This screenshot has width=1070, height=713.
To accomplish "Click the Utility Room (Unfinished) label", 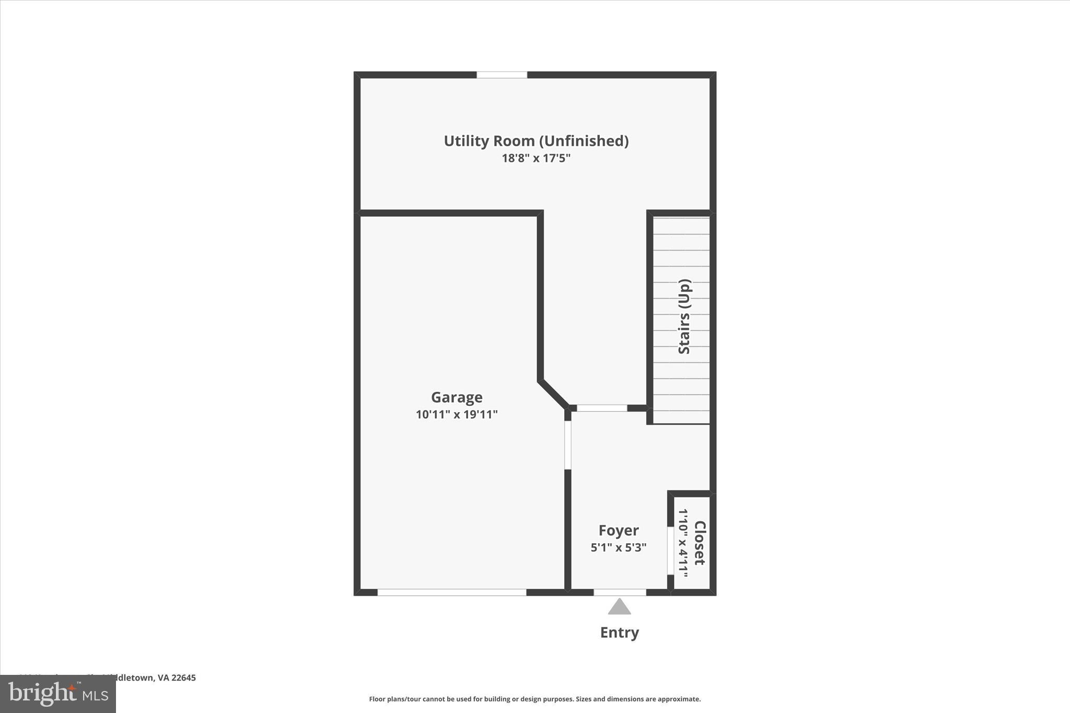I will tap(536, 141).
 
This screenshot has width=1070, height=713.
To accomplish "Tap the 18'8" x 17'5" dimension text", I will tap(536, 158).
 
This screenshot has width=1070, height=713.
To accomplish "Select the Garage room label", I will tap(457, 398).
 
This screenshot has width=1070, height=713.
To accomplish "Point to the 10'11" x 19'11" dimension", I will tap(457, 415).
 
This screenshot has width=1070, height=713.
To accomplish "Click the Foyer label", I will tap(619, 531).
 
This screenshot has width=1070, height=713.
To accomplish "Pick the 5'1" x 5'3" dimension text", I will tap(619, 548).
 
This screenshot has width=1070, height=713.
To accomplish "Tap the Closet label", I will tap(700, 543).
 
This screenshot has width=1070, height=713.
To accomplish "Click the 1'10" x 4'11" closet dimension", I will tap(683, 543).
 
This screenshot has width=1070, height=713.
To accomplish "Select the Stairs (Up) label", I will tap(684, 317).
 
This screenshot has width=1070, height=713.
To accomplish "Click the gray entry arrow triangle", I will tap(619, 607).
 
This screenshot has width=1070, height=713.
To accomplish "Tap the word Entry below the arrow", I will tap(619, 633).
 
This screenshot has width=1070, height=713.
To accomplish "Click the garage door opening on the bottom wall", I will tap(452, 592).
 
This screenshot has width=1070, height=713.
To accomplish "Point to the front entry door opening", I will tap(620, 592).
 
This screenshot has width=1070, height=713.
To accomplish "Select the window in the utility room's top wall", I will tap(502, 75).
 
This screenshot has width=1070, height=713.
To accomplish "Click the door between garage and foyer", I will tap(568, 445).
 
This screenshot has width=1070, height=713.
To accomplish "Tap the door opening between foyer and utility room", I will tap(602, 408).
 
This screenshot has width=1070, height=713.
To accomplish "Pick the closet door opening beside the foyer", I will tap(670, 551).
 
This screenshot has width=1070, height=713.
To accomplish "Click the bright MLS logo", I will tap(58, 694).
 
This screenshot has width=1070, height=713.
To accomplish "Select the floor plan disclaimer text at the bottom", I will tap(535, 699).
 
